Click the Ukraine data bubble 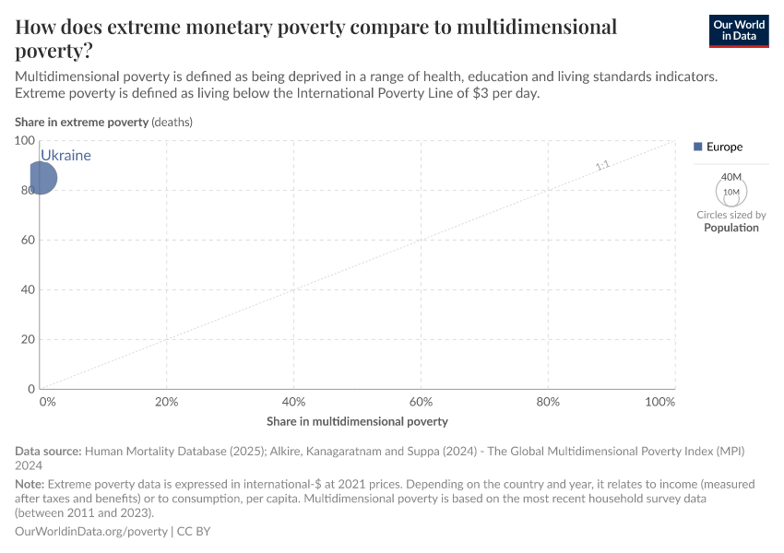point(40,178)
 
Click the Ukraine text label point(65,156)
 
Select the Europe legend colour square point(697,147)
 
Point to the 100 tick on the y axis point(25,140)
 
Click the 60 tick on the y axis point(28,240)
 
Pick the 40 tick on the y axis point(28,289)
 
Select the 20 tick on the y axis point(28,339)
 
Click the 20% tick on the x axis point(167,402)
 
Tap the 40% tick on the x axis point(293,402)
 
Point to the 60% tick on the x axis point(421,402)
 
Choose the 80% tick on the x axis point(548,402)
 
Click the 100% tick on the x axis point(660,402)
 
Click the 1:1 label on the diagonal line point(602,166)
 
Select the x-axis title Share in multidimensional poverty point(357,421)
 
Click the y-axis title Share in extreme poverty point(81,122)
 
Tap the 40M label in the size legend point(731,177)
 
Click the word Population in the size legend point(731,228)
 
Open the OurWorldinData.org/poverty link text point(91,532)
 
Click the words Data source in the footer point(48,452)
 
